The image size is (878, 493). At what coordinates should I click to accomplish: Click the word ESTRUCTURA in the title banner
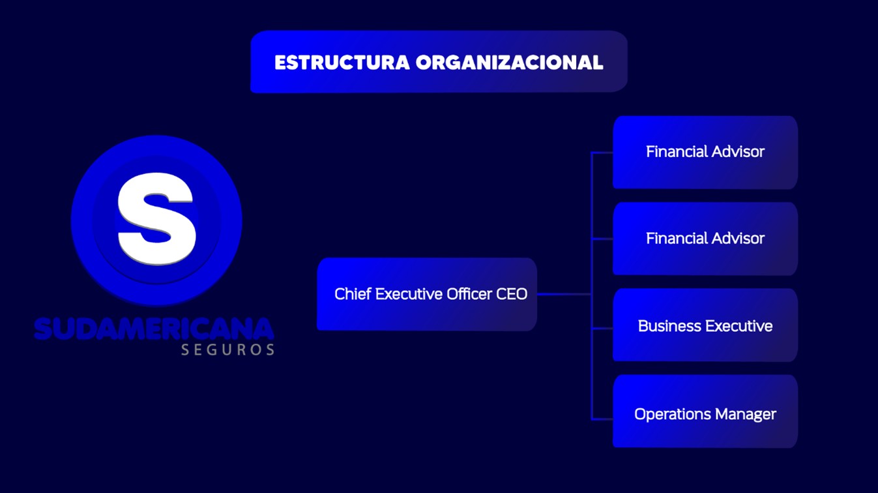342,63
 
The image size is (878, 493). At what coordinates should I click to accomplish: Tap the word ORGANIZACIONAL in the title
509,63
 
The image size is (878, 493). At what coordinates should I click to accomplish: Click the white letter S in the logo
156,218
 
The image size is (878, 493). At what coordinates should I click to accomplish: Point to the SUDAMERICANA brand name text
154,329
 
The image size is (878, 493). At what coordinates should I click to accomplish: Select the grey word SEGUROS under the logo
227,350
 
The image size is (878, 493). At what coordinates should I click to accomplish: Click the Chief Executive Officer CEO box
427,294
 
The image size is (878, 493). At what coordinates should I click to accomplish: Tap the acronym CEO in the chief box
512,294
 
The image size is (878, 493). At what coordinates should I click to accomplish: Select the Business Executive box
705,325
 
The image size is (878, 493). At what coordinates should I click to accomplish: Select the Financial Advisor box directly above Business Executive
705,239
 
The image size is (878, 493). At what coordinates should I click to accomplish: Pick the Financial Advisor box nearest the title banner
705,152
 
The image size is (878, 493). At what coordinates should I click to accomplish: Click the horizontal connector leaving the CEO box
564,294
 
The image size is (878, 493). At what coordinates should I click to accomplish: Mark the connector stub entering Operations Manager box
602,419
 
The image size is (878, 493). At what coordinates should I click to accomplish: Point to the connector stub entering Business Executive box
602,328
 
